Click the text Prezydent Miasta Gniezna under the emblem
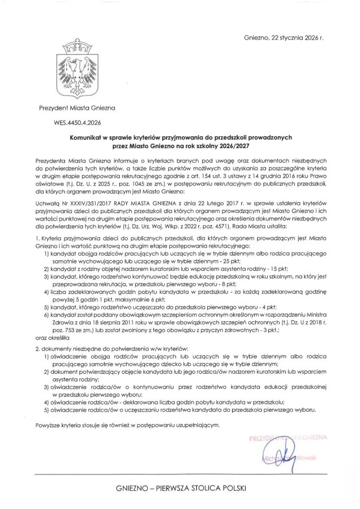77,107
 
